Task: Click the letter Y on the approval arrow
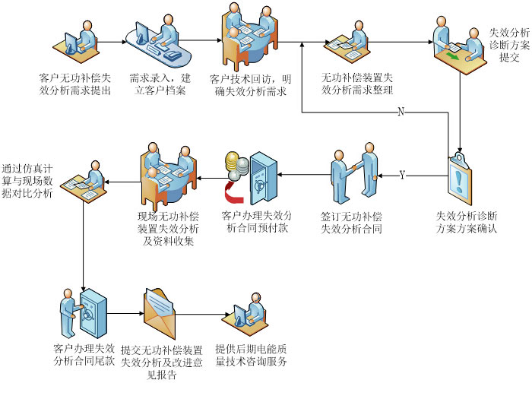[x=402, y=176]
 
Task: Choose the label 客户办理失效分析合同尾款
[x=84, y=355]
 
